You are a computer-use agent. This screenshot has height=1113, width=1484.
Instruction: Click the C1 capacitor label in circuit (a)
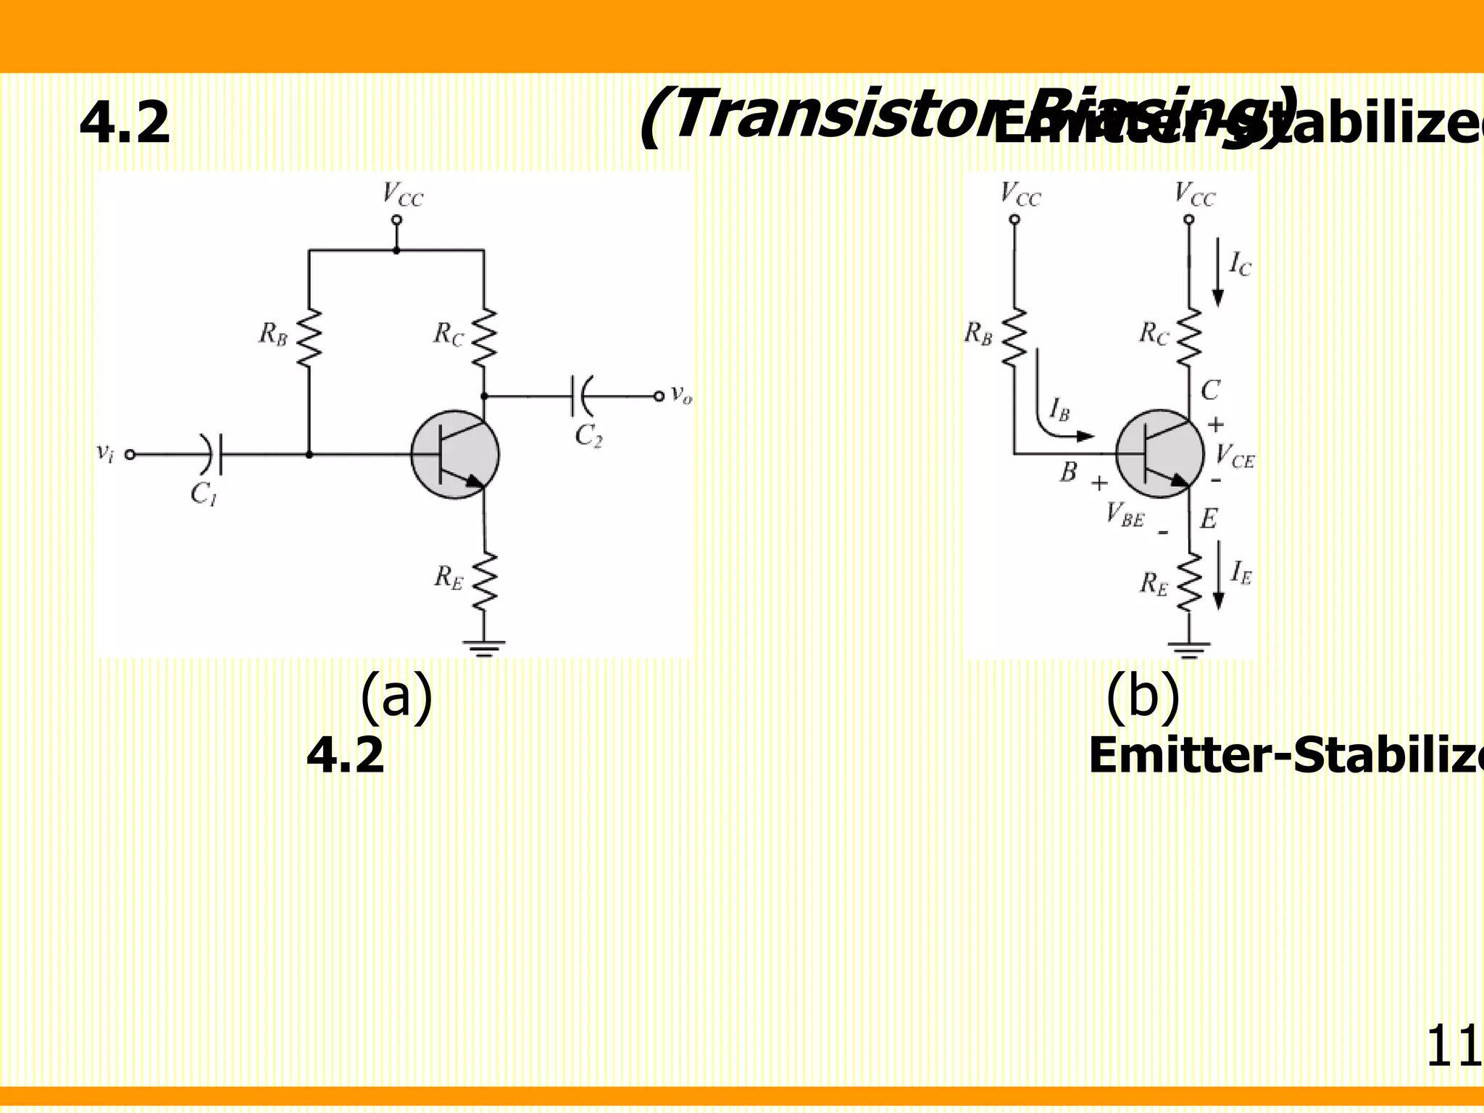click(x=204, y=494)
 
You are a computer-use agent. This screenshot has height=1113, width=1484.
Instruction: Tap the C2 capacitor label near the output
click(x=588, y=436)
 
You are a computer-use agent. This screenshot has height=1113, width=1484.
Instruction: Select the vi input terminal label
click(x=105, y=453)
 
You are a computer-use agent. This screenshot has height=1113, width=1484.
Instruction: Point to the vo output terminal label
click(x=681, y=394)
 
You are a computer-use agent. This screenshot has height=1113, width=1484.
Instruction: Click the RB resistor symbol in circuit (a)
click(x=309, y=338)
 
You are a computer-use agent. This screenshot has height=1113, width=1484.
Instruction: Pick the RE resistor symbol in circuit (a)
click(x=484, y=580)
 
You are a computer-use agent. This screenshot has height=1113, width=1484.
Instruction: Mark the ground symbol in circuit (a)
click(x=484, y=646)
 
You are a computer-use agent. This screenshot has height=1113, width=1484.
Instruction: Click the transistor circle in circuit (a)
click(x=455, y=454)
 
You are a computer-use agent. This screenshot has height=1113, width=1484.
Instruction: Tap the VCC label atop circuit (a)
click(x=403, y=194)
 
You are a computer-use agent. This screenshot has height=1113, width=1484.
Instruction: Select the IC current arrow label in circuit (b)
click(x=1240, y=264)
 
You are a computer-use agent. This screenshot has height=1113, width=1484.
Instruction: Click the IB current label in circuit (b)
click(x=1059, y=409)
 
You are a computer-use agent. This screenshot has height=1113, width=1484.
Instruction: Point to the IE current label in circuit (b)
click(x=1241, y=573)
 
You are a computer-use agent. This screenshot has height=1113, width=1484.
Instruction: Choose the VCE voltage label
click(x=1235, y=457)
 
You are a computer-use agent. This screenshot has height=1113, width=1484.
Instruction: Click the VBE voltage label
click(x=1125, y=514)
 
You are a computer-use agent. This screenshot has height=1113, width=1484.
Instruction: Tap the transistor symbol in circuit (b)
click(x=1159, y=454)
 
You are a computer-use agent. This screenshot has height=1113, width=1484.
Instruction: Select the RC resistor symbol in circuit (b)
click(x=1189, y=338)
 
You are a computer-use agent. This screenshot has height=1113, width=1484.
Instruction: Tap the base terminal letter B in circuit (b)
click(x=1069, y=472)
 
